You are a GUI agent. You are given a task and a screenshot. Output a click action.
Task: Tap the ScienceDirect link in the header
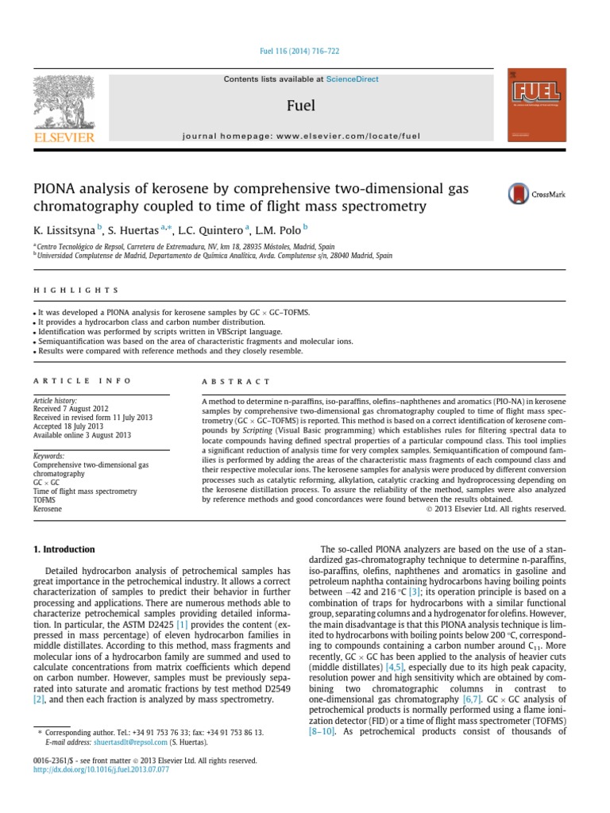(353, 79)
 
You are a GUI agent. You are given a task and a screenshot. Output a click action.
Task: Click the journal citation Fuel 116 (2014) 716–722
(304, 50)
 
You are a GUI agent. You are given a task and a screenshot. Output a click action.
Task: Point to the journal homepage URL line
(304, 136)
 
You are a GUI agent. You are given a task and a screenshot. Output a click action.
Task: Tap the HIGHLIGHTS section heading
(75, 291)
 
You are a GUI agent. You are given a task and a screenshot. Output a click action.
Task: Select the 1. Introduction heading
(64, 549)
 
